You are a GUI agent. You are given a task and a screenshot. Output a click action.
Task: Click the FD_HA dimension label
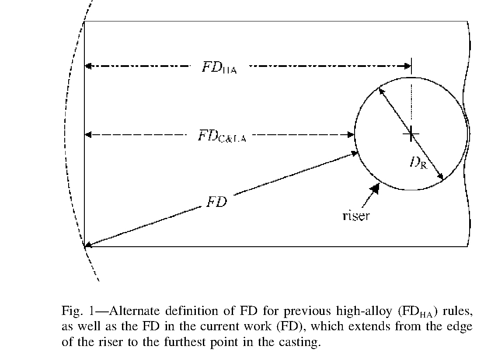pos(219,68)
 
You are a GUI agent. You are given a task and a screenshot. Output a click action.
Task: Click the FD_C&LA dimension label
pos(222,136)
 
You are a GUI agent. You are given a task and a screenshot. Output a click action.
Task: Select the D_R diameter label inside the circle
pos(418,163)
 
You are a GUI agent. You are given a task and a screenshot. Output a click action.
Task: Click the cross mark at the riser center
pos(411,134)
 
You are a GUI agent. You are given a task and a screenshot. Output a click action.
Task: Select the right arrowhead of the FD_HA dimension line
pos(407,66)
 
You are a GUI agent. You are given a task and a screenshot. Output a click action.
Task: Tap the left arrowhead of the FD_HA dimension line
pos(88,66)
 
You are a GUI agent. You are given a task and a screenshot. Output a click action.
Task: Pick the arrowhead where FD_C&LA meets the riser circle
pos(351,135)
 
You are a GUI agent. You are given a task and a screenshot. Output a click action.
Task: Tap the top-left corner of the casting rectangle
pos(84,21)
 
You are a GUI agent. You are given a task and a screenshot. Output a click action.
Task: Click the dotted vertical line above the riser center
pos(411,103)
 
